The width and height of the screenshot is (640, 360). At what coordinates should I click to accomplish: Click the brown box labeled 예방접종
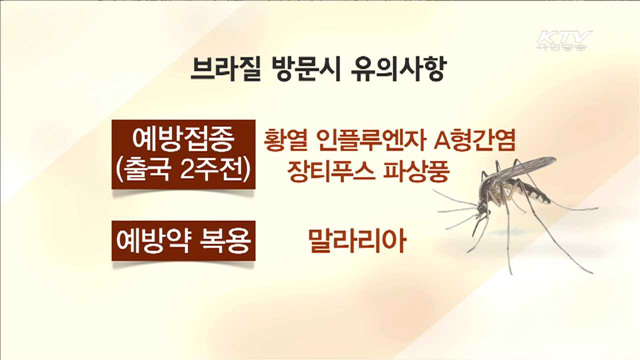coord(183,138)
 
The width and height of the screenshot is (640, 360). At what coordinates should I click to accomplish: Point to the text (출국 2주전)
coord(183,169)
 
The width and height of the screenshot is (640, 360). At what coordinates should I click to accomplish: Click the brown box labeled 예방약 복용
coord(183,241)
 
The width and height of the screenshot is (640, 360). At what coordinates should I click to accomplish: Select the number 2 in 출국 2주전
coord(189,169)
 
